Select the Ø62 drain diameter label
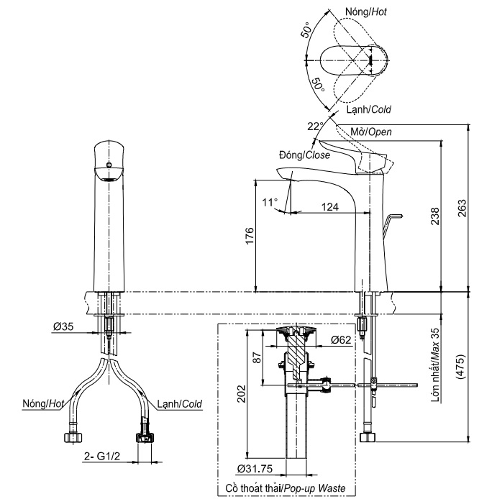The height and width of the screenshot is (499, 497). [341, 339]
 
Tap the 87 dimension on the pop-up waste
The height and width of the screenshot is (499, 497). [257, 357]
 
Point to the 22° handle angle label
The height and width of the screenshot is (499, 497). [315, 126]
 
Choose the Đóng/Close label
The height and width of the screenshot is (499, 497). [304, 155]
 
